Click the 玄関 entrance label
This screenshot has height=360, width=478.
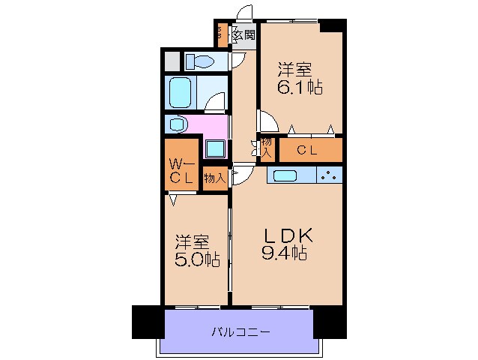(244, 34)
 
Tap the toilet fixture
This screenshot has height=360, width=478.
(201, 61)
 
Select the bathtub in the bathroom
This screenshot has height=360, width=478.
(181, 93)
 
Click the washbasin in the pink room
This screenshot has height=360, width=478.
(178, 124)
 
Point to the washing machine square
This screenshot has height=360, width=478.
(216, 148)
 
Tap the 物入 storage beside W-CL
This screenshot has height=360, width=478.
(214, 178)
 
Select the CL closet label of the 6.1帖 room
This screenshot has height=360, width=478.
(307, 150)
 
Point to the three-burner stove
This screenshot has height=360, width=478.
(329, 175)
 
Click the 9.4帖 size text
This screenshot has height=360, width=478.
(285, 253)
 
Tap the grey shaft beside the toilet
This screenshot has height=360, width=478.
(172, 61)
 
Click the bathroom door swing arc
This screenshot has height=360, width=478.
(215, 102)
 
